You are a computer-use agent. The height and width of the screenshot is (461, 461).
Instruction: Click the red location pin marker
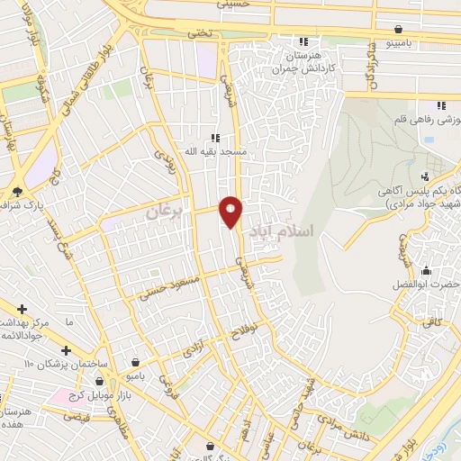[x=231, y=212]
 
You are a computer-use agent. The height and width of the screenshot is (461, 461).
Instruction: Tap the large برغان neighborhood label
[x=164, y=212]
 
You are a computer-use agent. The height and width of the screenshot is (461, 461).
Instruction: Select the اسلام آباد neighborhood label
[x=286, y=231]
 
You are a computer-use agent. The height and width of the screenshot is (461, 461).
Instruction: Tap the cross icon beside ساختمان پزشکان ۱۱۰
[x=65, y=350]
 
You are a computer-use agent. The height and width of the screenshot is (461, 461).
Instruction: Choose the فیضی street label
[x=80, y=418]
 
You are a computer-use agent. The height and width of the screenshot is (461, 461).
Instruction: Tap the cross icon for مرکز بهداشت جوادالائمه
[x=22, y=309]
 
